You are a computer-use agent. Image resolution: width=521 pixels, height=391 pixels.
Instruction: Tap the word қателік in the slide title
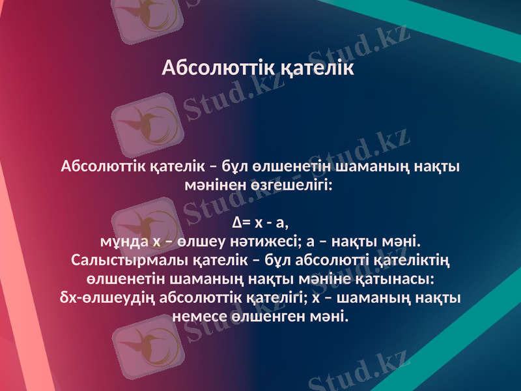(x=318, y=68)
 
